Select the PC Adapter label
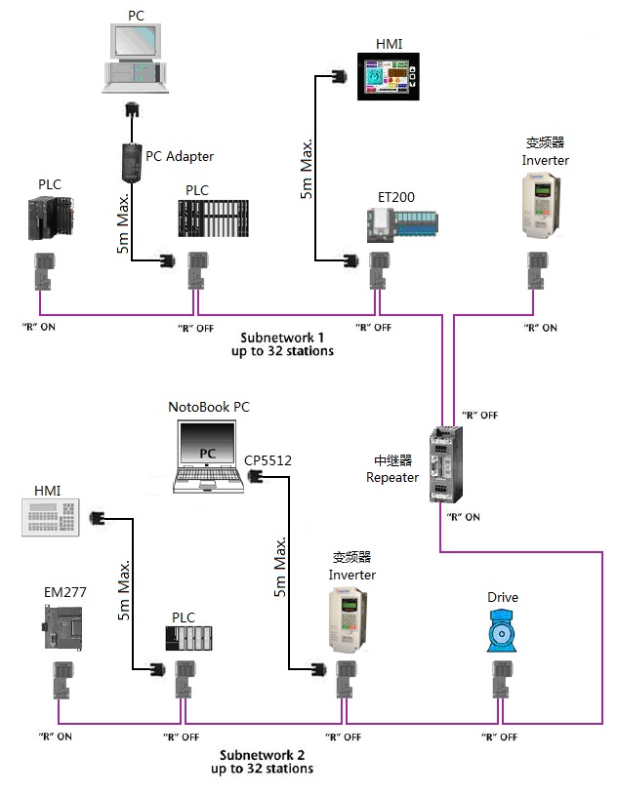click(x=180, y=156)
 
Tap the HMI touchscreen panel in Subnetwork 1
click(x=389, y=77)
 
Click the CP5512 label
click(x=268, y=460)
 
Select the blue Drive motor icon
click(x=502, y=631)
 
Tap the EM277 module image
click(x=61, y=627)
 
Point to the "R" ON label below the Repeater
click(x=463, y=517)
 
